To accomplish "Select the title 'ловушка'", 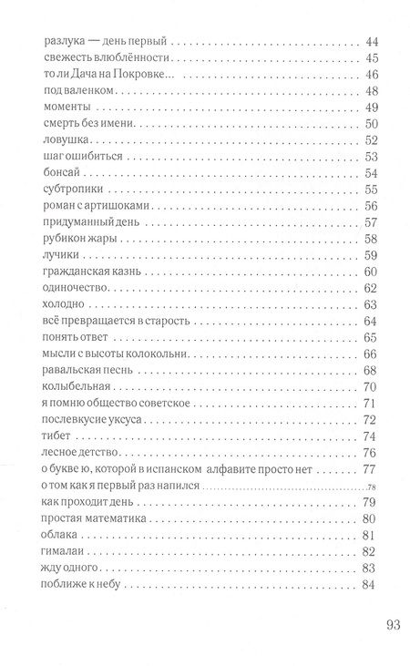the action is coord(64,140).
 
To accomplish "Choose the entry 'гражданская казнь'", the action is coord(91,272).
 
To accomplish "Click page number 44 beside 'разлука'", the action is coord(370,42).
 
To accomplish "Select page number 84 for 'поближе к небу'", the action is coord(370,584).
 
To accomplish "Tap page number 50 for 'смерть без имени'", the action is coord(370,124).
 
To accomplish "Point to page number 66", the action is coord(370,354).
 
